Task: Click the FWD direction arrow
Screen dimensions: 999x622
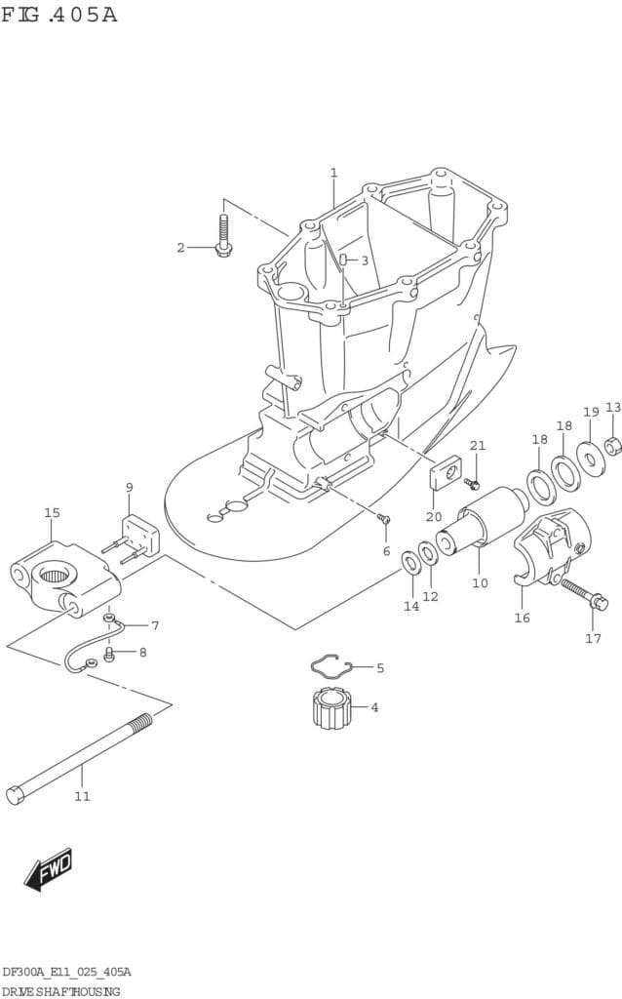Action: click(49, 868)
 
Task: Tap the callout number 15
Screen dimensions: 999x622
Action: click(52, 512)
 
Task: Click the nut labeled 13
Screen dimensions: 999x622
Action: click(612, 447)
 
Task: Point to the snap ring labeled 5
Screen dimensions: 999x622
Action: click(330, 666)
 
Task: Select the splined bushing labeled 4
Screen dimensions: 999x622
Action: click(330, 707)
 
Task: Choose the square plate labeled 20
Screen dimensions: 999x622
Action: click(444, 472)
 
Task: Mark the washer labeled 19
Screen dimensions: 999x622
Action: click(590, 458)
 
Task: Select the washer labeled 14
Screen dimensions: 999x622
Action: click(411, 561)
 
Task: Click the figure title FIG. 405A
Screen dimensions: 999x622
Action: click(58, 15)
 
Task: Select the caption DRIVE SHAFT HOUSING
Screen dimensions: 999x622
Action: click(60, 990)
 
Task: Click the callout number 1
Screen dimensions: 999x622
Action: click(333, 173)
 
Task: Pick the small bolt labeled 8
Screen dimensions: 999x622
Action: click(109, 653)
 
